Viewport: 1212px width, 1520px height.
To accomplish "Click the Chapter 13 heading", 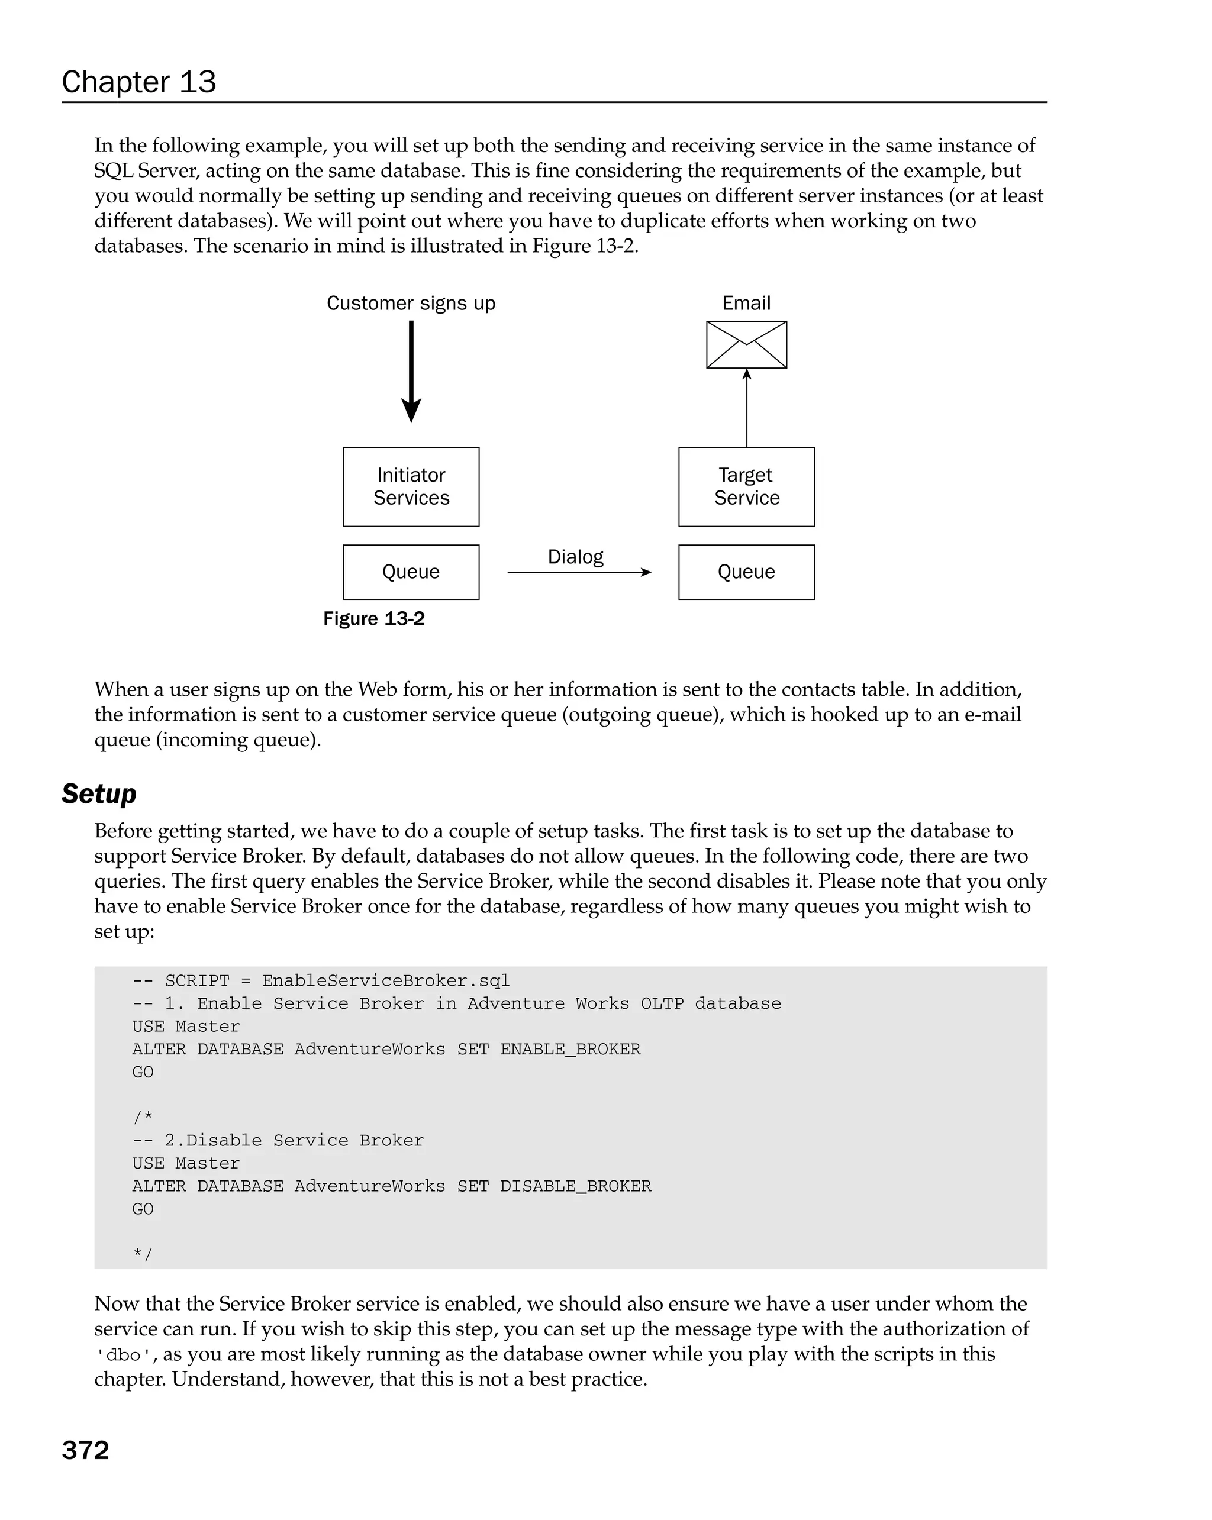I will pos(139,82).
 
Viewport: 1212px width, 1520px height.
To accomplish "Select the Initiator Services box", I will pos(411,486).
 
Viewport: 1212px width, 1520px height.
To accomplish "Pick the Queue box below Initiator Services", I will pos(411,572).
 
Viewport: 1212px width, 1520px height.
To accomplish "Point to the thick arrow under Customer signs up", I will pos(411,371).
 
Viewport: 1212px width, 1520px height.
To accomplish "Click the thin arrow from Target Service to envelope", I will pos(747,409).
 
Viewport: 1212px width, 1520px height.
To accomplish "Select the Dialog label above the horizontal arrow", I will pos(575,557).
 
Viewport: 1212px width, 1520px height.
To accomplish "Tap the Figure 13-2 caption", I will pos(373,618).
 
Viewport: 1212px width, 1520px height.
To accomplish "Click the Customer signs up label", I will pos(411,303).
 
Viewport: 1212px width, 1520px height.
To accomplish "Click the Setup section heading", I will pos(99,794).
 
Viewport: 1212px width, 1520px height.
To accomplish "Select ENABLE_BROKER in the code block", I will pos(570,1049).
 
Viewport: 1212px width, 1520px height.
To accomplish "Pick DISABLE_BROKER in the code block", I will pos(575,1186).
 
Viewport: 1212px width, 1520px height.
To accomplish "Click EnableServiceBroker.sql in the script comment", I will pos(386,980).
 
